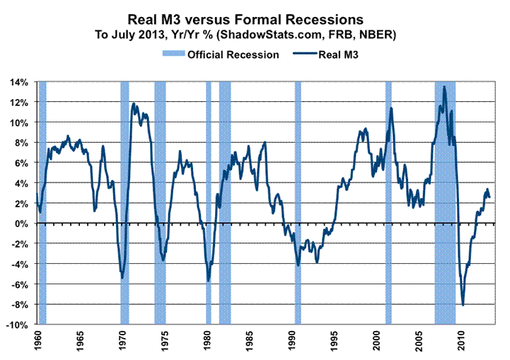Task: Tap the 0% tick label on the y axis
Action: [x=22, y=223]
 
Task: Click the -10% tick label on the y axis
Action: [x=18, y=325]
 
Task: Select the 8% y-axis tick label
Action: [x=22, y=143]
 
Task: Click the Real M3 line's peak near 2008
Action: [x=444, y=87]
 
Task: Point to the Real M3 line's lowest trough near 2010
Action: [x=463, y=305]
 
